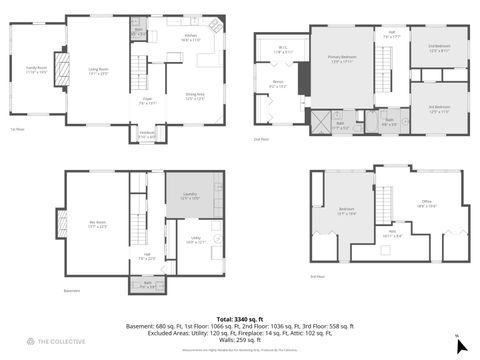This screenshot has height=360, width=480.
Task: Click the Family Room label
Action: pyautogui.click(x=36, y=71)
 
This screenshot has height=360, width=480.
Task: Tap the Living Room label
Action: pyautogui.click(x=98, y=71)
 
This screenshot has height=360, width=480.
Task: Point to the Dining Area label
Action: pyautogui.click(x=195, y=97)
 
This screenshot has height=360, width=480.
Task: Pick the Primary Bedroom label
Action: pyautogui.click(x=344, y=59)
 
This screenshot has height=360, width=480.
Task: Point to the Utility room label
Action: pyautogui.click(x=195, y=240)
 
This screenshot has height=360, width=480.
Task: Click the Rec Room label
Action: pyautogui.click(x=98, y=226)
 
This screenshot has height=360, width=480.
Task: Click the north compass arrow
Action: pyautogui.click(x=461, y=346)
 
